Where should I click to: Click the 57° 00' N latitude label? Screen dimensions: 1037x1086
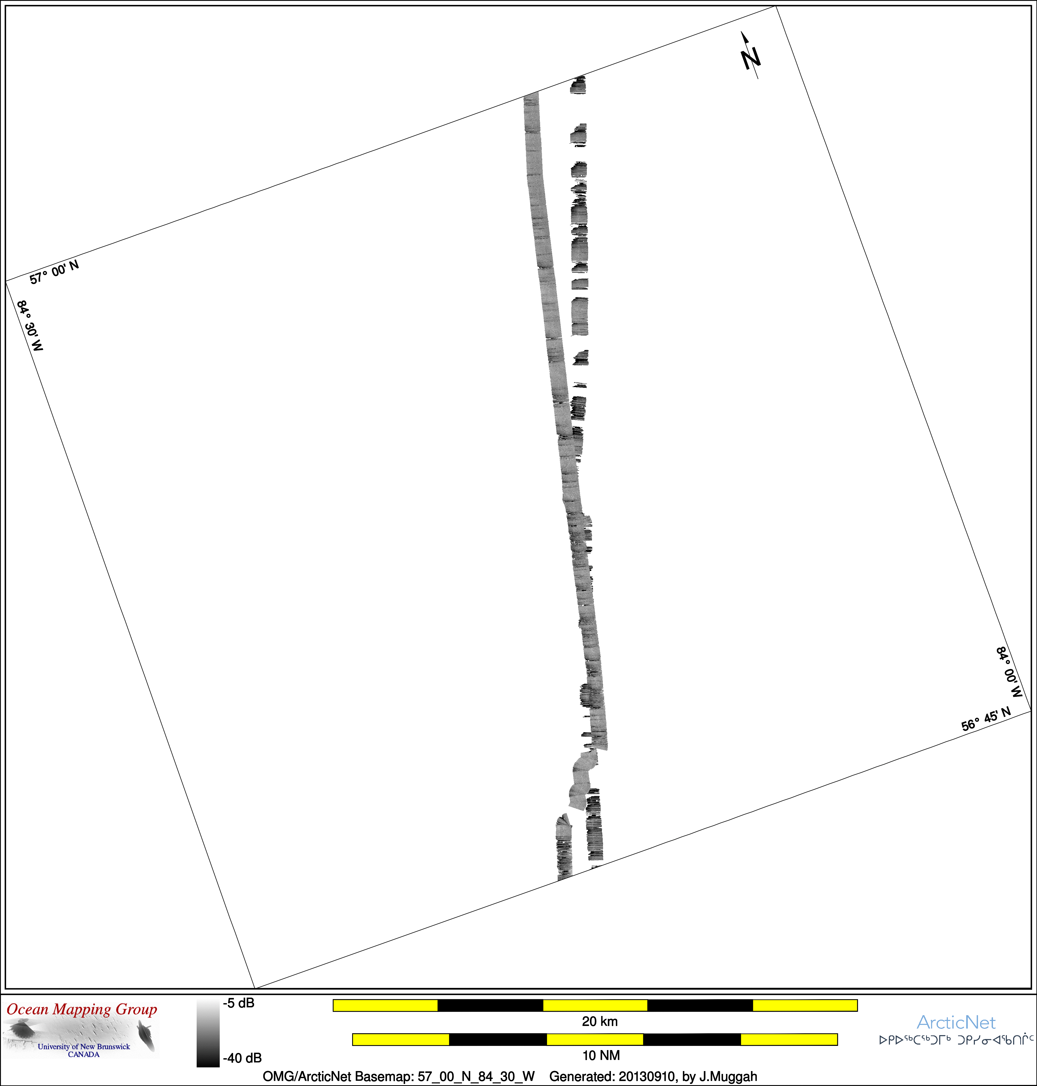tap(54, 272)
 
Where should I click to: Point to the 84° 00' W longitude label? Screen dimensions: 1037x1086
tap(1009, 672)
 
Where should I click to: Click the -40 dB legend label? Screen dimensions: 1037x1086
tap(242, 1058)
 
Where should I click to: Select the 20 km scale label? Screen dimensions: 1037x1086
tap(600, 1021)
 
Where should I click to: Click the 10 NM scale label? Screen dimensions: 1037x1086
tap(601, 1056)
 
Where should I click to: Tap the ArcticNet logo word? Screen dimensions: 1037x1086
tap(956, 1023)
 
